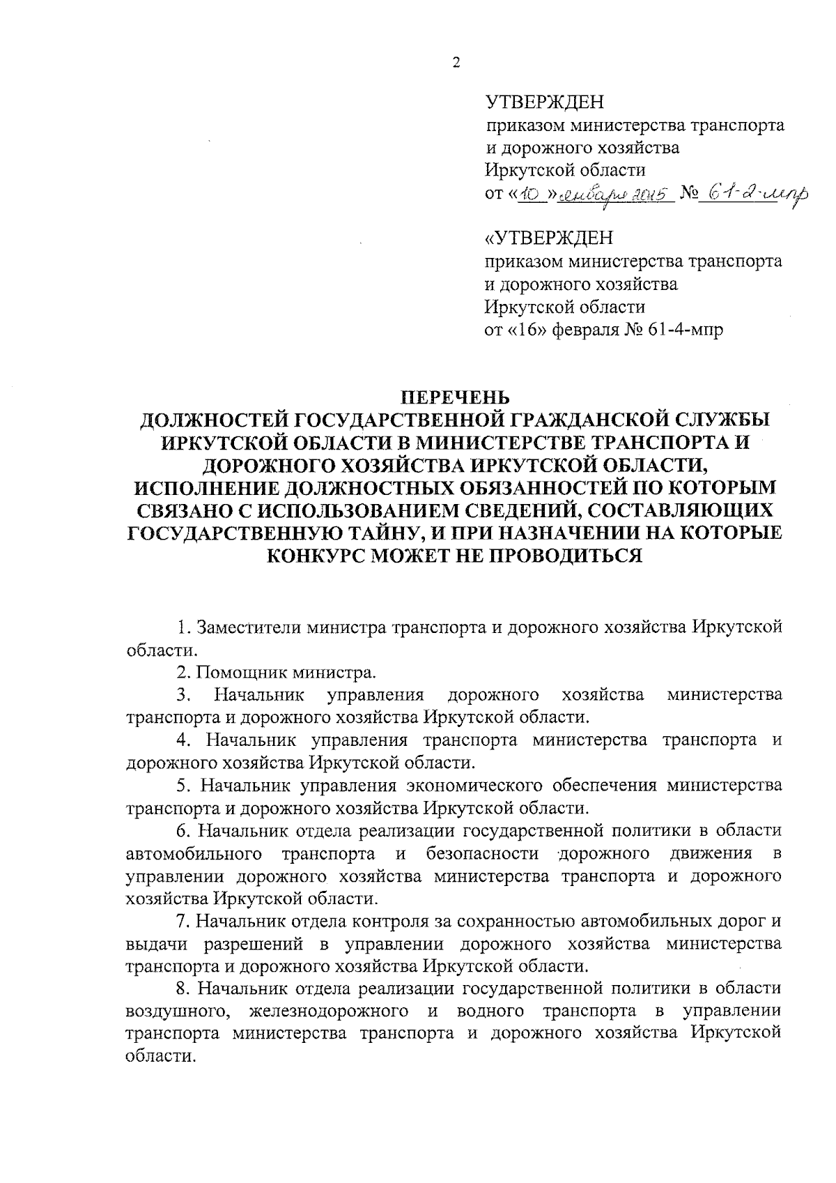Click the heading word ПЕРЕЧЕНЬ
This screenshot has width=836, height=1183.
coord(454,398)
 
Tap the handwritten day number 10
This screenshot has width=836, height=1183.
coord(529,192)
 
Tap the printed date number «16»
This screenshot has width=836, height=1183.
coord(532,329)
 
